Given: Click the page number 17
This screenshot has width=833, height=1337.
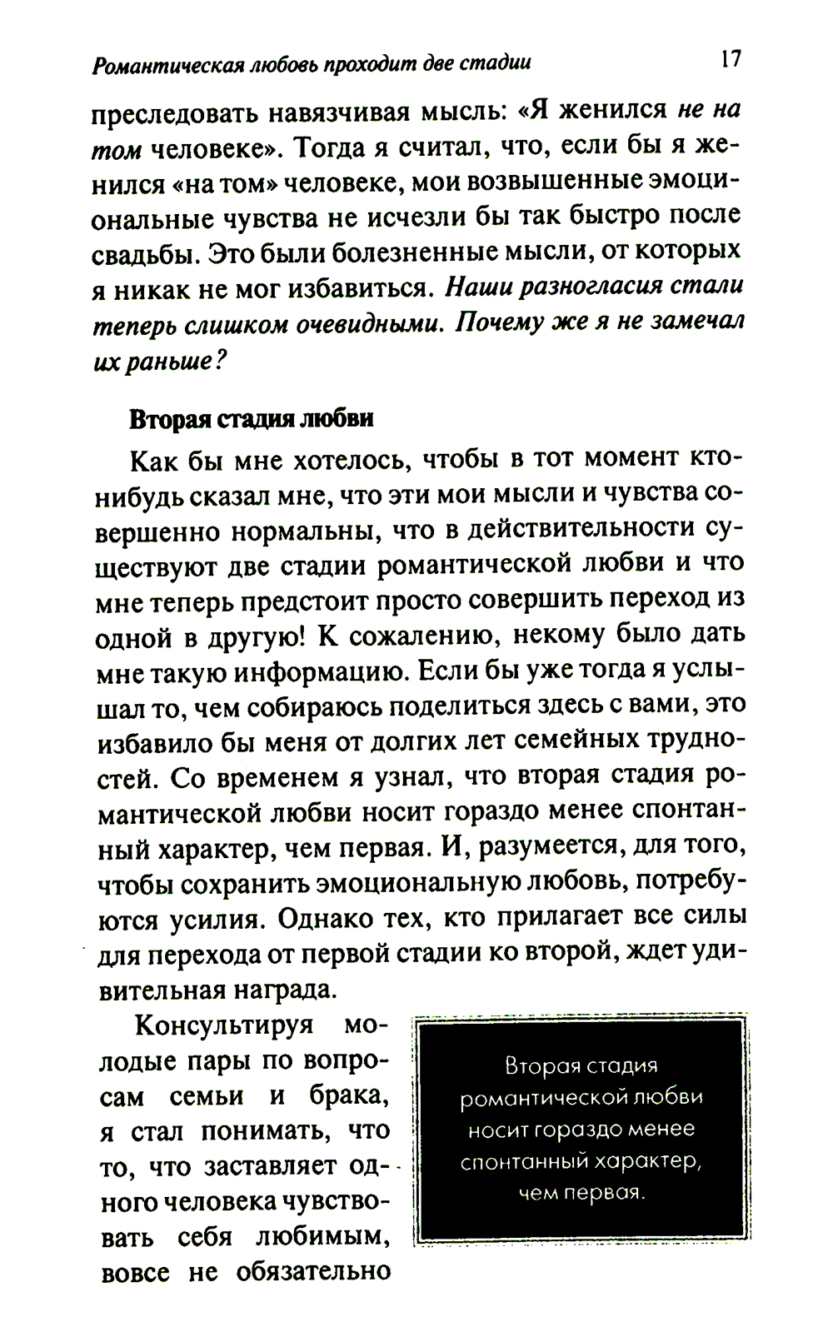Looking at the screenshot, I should (730, 59).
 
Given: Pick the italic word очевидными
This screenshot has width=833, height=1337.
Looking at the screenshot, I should (368, 324).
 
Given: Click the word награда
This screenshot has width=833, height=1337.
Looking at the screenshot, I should (276, 990).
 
